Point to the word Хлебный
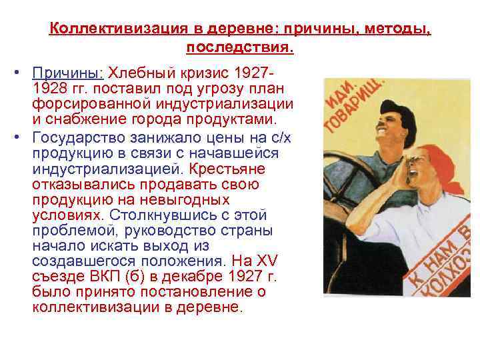point(142,72)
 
